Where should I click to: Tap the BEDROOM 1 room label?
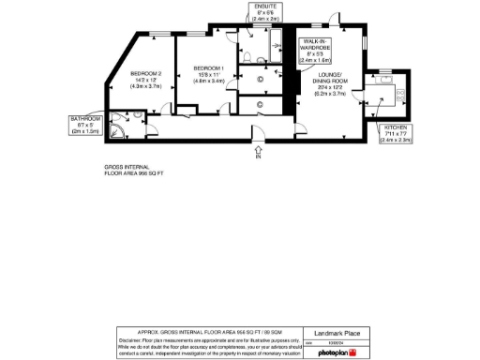(x=208, y=68)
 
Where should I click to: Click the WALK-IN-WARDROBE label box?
(x=315, y=49)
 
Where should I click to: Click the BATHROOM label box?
(x=84, y=124)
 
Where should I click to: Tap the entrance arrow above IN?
(x=258, y=147)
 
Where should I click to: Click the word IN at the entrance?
(x=258, y=157)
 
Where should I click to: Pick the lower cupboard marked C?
(x=260, y=105)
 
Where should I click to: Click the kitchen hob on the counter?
(x=396, y=94)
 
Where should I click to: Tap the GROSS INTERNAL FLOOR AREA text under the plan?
(x=134, y=172)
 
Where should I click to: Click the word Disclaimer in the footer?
(x=130, y=339)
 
